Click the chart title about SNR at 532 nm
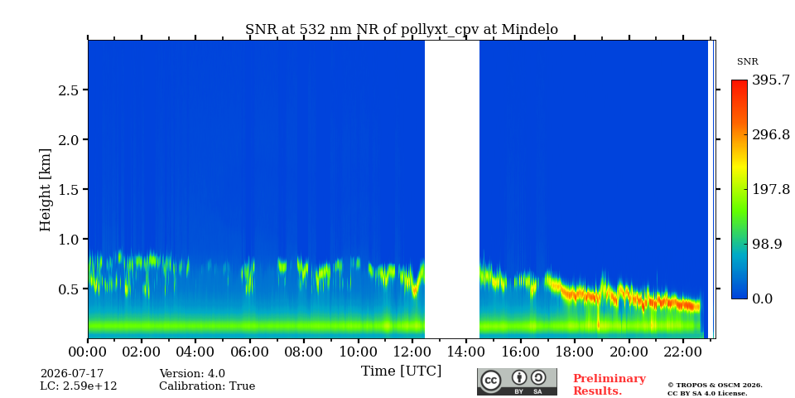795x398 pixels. [x=402, y=30]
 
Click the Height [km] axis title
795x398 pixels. [x=45, y=190]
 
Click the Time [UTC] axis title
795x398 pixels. [x=401, y=371]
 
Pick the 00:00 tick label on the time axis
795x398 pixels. [x=88, y=352]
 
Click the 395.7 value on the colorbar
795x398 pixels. [x=770, y=80]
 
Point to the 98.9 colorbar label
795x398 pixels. [x=767, y=244]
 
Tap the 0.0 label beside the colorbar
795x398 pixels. [x=762, y=298]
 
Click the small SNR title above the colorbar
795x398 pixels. [x=747, y=62]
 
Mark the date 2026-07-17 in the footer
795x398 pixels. [x=71, y=374]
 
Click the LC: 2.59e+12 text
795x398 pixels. [x=79, y=386]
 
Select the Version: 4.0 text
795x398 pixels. [x=192, y=374]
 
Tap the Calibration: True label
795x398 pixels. [x=207, y=386]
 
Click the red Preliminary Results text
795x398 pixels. [x=609, y=385]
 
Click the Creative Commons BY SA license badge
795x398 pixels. [x=517, y=381]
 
